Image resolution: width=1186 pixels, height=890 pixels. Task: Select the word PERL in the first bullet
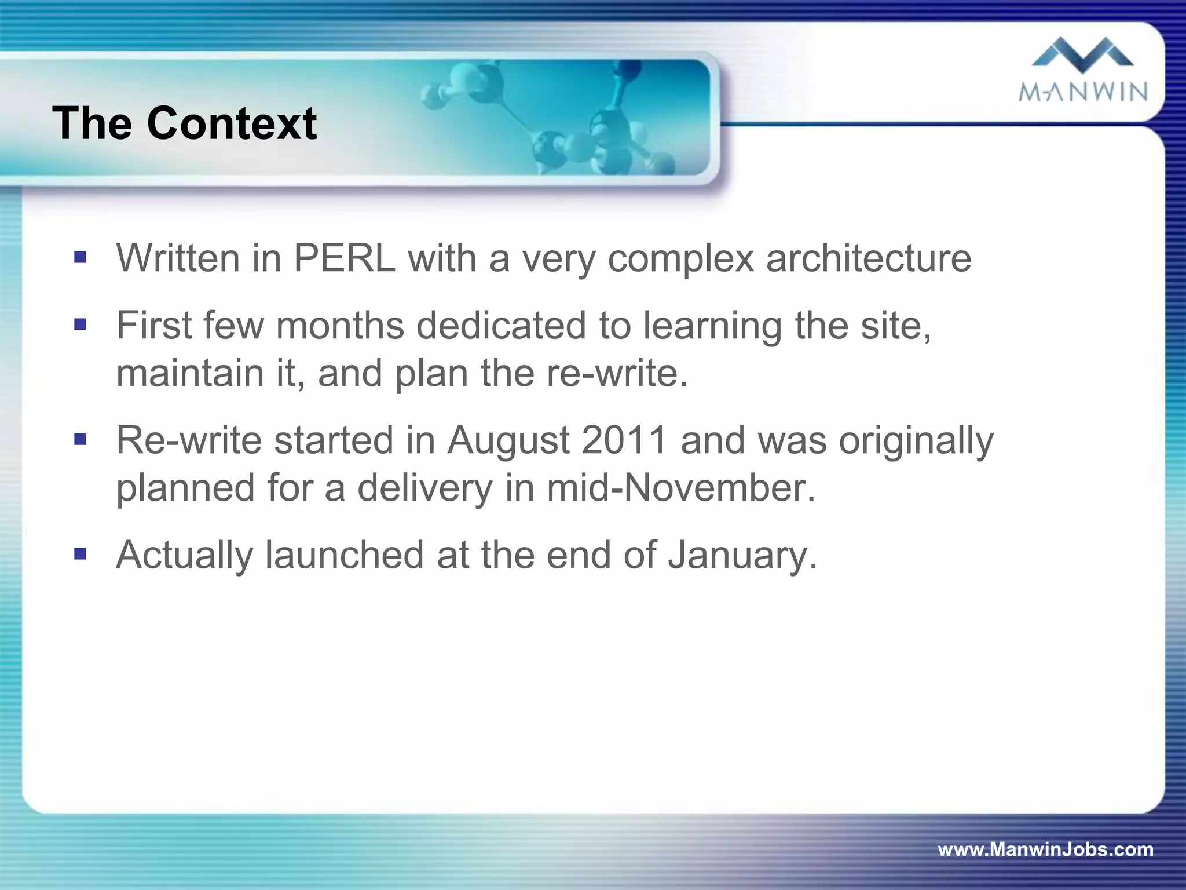pos(345,258)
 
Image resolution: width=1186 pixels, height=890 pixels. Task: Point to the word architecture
pos(868,258)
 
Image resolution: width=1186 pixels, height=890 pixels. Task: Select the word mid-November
pos(680,488)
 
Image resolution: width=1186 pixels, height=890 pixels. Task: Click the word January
pos(742,556)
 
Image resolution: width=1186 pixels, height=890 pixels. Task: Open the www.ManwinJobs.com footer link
pos(1045,849)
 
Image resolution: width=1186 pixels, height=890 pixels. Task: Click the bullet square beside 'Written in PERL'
pos(80,257)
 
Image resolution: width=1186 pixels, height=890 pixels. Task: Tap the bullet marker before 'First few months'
pos(80,324)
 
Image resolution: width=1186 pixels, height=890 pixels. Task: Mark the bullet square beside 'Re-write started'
pos(80,439)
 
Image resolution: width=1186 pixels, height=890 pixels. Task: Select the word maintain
pos(190,373)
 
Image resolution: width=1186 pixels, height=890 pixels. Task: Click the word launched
pos(345,556)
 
